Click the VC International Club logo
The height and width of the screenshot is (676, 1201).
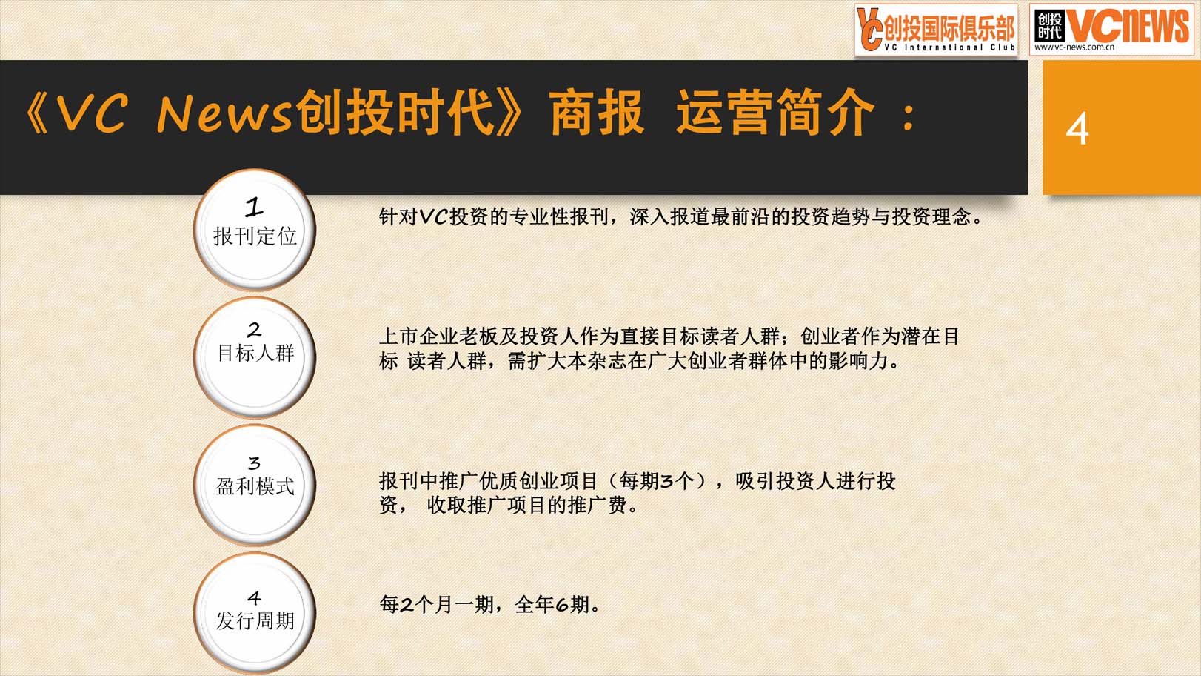[x=936, y=30]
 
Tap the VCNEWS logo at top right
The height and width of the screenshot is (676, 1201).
[x=1111, y=30]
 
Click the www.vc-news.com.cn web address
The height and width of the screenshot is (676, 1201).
[x=1074, y=47]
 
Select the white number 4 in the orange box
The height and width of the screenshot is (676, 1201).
[x=1077, y=128]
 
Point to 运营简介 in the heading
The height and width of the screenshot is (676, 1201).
[x=775, y=113]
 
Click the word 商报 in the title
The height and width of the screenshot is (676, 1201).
[x=597, y=113]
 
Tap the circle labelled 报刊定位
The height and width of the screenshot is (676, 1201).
[x=255, y=230]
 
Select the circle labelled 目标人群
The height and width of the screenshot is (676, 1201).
[x=255, y=357]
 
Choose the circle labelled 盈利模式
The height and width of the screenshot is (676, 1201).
[x=255, y=486]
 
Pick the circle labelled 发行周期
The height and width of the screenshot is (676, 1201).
[x=255, y=613]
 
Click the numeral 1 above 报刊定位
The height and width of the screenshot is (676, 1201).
[x=254, y=208]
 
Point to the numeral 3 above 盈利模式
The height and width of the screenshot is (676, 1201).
[x=254, y=463]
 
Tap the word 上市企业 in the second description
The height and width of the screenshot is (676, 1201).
[x=419, y=337]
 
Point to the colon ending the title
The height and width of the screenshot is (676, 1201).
[x=908, y=118]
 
